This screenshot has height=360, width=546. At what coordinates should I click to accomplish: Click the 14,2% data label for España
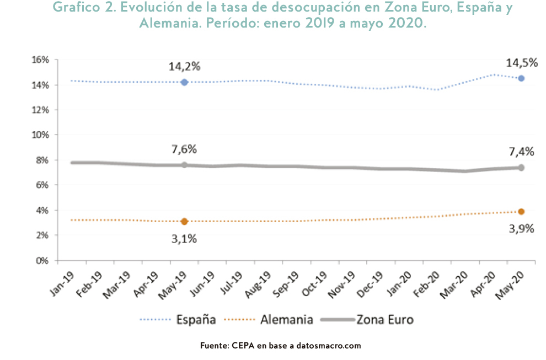tap(184, 67)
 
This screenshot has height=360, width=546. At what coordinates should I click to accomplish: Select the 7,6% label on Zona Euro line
tap(184, 149)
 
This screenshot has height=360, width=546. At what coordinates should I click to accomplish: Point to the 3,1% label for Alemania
tap(184, 239)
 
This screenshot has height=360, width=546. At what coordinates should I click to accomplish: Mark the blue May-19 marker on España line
tap(184, 82)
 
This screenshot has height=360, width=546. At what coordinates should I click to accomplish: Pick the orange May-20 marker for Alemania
tap(521, 211)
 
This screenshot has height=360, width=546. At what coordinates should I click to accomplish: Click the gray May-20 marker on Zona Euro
tap(521, 168)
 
